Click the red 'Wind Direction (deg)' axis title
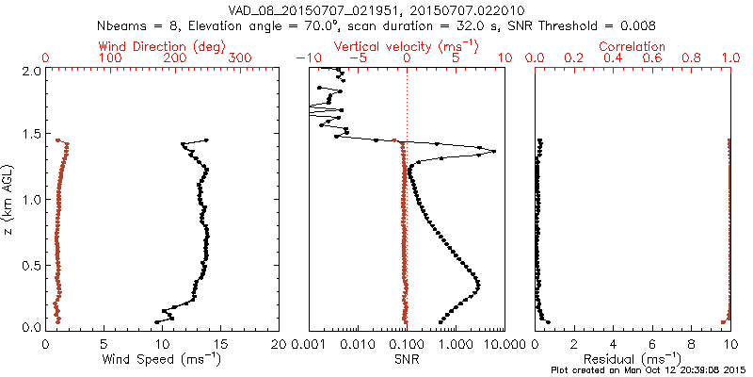(162, 46)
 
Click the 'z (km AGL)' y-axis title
(8, 199)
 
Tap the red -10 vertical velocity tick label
(303, 58)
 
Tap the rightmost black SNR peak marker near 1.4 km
(493, 152)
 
